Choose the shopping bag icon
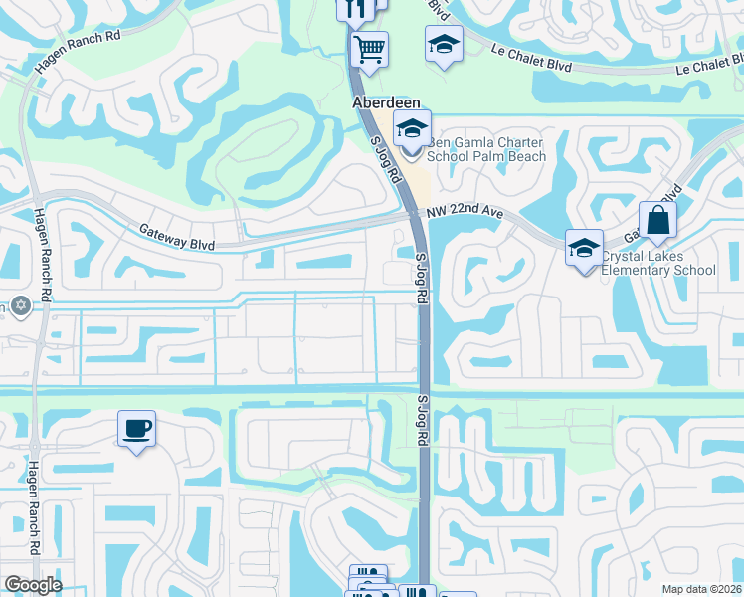pyautogui.click(x=658, y=220)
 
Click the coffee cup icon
pyautogui.click(x=136, y=429)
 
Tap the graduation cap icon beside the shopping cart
pyautogui.click(x=444, y=44)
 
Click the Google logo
pyautogui.click(x=33, y=585)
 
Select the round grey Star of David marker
pyautogui.click(x=19, y=304)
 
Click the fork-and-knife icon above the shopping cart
pyautogui.click(x=356, y=9)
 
